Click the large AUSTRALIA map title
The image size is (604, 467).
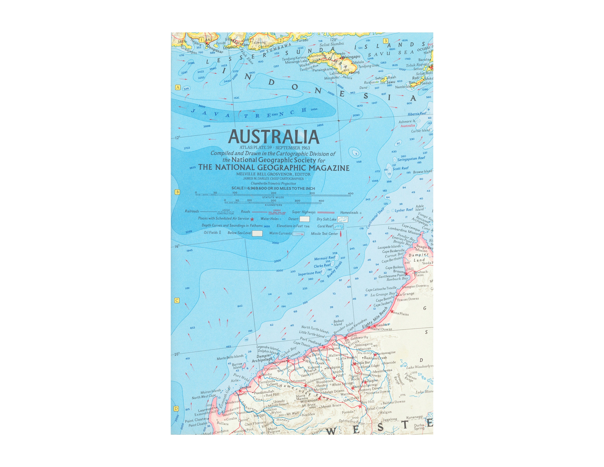pyautogui.click(x=274, y=137)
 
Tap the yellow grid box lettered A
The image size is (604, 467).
pyautogui.click(x=178, y=87)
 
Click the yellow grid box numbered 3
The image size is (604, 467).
pyautogui.click(x=386, y=41)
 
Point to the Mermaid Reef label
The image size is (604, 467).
pyautogui.click(x=325, y=258)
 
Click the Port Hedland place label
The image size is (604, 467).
pyautogui.click(x=310, y=341)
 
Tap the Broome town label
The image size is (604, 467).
pyautogui.click(x=399, y=271)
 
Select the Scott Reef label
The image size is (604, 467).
pyautogui.click(x=400, y=168)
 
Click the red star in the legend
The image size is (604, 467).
pyautogui.click(x=252, y=219)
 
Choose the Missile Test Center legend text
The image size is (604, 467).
pyautogui.click(x=324, y=234)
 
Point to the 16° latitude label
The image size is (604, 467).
pyautogui.click(x=177, y=246)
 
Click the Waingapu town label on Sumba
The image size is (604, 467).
pyautogui.click(x=351, y=57)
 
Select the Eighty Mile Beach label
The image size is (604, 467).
pyautogui.click(x=375, y=319)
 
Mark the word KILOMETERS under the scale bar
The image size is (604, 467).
pyautogui.click(x=273, y=205)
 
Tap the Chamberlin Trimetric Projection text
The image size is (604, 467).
pyautogui.click(x=273, y=183)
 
